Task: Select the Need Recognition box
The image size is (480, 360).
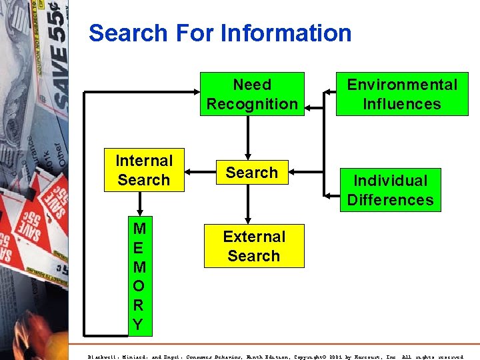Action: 252,94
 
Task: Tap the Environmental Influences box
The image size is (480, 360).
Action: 402,94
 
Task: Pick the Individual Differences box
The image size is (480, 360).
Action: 390,190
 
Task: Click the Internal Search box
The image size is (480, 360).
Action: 144,170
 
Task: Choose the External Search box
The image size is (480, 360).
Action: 253,246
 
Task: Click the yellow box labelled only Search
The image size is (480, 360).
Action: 251,173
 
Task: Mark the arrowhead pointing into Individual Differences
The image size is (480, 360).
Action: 329,195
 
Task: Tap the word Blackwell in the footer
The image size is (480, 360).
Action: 103,357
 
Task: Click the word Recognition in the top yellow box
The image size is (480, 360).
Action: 252,104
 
